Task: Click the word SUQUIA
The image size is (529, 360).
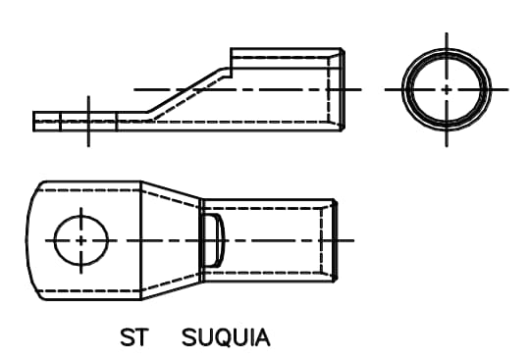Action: tap(226, 339)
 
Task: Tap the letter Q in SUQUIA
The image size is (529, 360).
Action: tap(225, 339)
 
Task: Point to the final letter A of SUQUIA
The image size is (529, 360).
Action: tap(262, 339)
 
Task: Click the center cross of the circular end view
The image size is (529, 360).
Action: tap(447, 88)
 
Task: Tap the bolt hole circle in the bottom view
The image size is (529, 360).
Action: tap(79, 239)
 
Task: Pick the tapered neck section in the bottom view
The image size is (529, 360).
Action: tap(170, 239)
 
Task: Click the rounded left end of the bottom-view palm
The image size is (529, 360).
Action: tap(29, 239)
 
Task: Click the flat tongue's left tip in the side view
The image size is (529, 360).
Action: tap(35, 121)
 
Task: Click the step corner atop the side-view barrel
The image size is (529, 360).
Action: tap(232, 50)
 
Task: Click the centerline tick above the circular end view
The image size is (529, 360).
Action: tap(447, 39)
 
